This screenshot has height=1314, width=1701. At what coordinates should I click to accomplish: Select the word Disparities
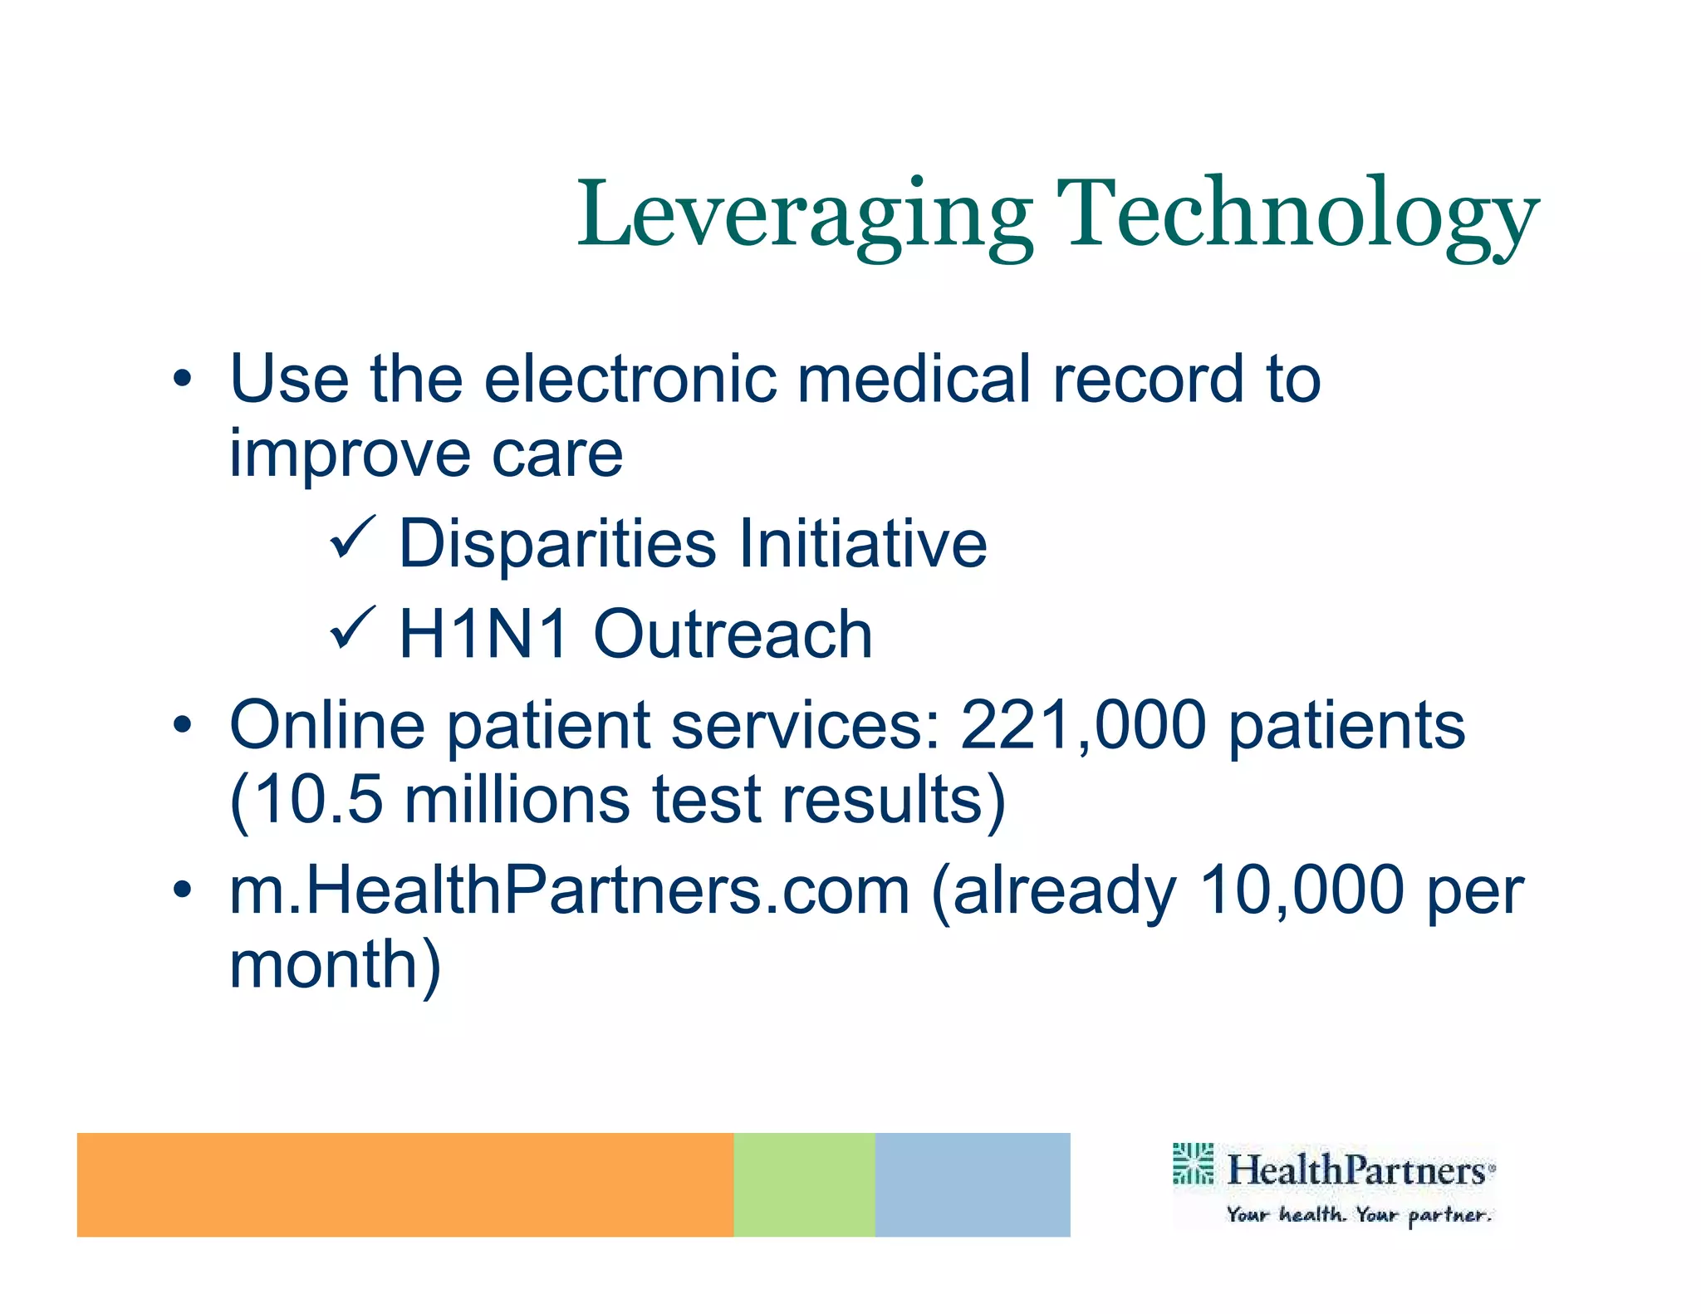557,544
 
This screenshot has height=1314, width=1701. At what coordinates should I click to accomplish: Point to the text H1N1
484,635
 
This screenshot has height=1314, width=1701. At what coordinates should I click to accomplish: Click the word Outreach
733,635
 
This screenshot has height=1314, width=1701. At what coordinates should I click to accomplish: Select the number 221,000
1082,725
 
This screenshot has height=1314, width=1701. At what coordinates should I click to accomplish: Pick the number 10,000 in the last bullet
1301,890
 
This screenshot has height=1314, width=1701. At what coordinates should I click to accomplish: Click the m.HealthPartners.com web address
570,890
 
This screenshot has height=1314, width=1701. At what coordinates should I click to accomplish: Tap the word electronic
630,379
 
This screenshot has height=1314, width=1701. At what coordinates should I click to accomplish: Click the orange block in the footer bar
404,1184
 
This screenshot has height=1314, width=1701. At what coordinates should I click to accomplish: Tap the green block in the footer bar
803,1184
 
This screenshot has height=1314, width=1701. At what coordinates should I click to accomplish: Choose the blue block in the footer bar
972,1184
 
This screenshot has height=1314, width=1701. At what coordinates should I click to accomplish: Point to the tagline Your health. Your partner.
1359,1215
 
